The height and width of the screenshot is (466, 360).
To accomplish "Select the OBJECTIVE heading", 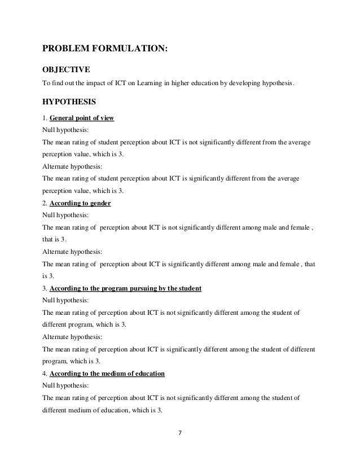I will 67,71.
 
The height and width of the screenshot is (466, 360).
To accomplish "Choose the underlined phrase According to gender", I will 81,204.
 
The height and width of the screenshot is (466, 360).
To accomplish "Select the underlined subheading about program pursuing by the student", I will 126,289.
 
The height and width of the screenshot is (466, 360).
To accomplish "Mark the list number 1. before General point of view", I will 45,118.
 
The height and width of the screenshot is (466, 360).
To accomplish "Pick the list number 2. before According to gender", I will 45,204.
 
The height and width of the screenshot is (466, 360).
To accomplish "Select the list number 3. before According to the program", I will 45,289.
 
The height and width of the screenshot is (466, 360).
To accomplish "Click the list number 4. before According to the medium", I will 45,374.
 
